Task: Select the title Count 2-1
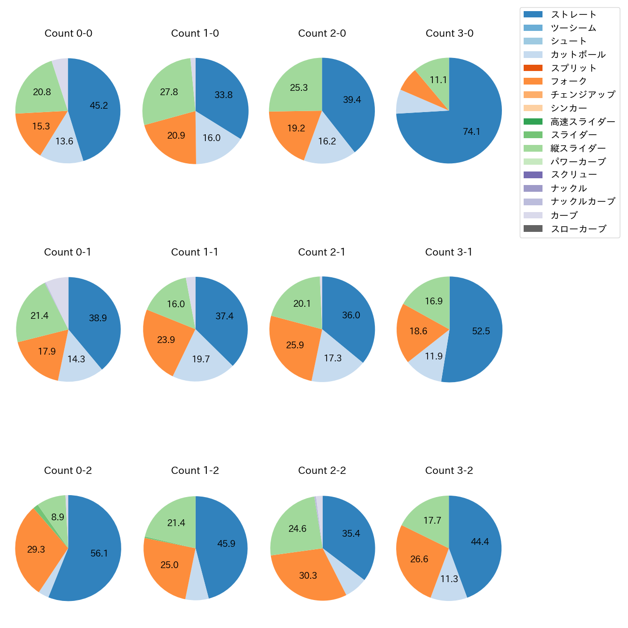(x=322, y=252)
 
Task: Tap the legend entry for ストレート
(x=573, y=14)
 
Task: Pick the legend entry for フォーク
(x=569, y=81)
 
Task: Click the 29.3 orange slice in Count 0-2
(x=36, y=550)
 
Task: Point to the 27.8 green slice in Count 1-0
(x=169, y=92)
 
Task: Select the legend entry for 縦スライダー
(x=578, y=148)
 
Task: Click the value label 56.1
(x=99, y=554)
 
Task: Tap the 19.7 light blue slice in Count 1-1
(x=201, y=359)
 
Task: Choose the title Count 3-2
(x=449, y=471)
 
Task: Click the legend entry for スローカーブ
(x=578, y=229)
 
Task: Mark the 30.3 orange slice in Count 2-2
(x=308, y=575)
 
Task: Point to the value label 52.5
(x=481, y=331)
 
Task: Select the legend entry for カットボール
(x=578, y=55)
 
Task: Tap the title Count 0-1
(x=68, y=252)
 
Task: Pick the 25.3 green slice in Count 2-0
(x=299, y=88)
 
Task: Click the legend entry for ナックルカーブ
(x=583, y=201)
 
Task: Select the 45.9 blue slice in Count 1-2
(x=226, y=544)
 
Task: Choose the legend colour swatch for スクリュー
(x=533, y=175)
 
